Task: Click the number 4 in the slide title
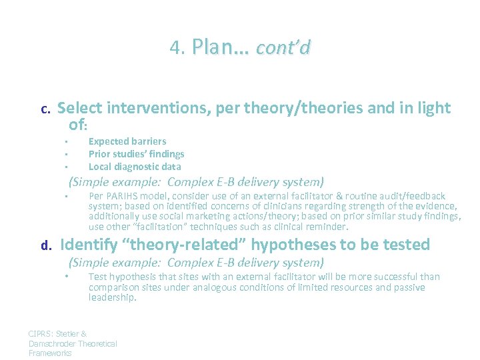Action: [x=175, y=48]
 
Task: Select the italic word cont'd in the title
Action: [x=283, y=48]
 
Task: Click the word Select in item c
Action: [x=79, y=108]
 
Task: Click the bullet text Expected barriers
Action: [x=127, y=141]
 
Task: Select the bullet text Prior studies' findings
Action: [x=136, y=154]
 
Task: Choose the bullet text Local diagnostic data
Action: [x=135, y=167]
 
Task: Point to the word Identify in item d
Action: [x=86, y=245]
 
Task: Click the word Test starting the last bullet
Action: [x=97, y=277]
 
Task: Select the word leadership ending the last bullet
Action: [x=112, y=298]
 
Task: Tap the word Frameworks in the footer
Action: [x=49, y=353]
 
